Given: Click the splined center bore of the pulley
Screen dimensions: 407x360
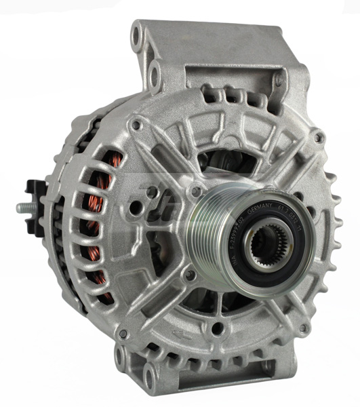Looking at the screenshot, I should pos(269,248).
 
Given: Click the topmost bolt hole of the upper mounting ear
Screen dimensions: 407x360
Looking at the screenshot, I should pos(140,32).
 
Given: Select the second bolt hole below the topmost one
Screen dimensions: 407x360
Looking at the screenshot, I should pos(155,69).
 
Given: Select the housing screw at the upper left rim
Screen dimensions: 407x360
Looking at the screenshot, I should pos(138,125).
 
